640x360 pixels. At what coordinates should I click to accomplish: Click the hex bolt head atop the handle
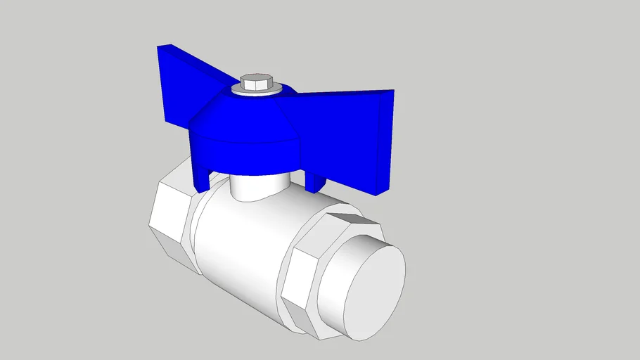pyautogui.click(x=256, y=84)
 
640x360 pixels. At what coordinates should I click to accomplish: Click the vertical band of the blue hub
pyautogui.click(x=246, y=156)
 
